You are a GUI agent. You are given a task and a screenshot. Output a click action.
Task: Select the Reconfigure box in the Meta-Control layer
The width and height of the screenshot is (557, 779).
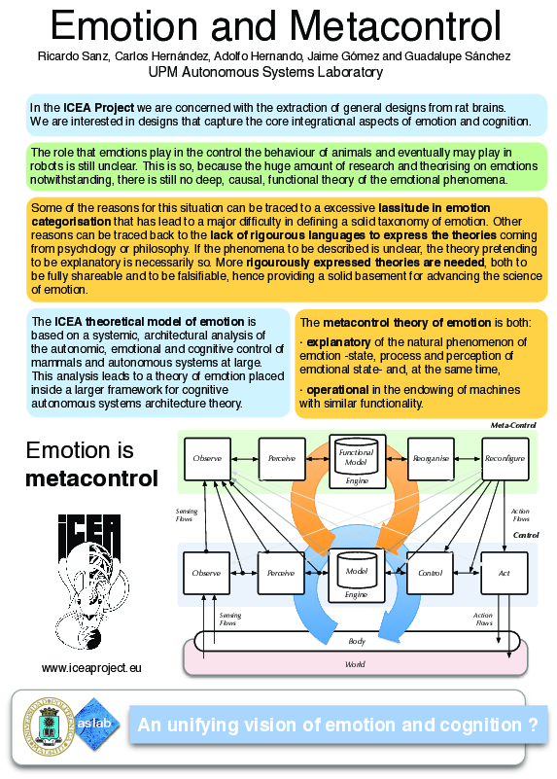(505, 457)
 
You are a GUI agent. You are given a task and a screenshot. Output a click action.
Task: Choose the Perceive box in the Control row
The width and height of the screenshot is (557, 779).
(281, 573)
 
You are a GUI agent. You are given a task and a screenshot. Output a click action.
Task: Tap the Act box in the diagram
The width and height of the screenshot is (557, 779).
(504, 573)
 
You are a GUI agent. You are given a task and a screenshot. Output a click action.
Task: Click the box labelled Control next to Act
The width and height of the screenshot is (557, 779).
(431, 573)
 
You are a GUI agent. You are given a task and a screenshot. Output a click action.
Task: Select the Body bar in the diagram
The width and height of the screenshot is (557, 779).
(357, 641)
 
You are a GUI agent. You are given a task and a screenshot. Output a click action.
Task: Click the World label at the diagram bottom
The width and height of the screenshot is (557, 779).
(357, 663)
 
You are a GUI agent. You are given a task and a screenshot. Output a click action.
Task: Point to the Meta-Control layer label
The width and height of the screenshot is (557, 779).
(513, 425)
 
